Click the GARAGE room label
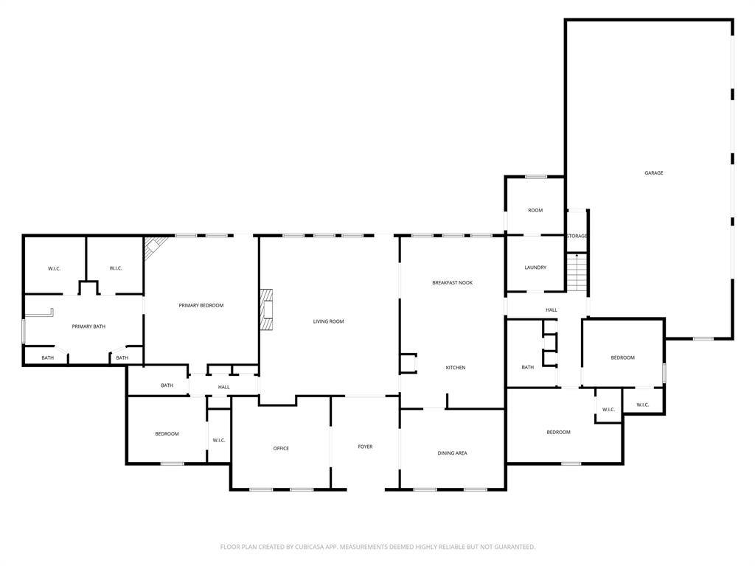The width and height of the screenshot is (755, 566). pyautogui.click(x=654, y=173)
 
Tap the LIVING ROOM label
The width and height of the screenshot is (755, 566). pyautogui.click(x=328, y=321)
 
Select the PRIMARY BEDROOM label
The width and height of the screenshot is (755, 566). pyautogui.click(x=201, y=305)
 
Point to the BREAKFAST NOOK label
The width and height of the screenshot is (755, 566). pyautogui.click(x=452, y=283)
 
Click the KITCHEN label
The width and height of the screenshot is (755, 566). pyautogui.click(x=456, y=368)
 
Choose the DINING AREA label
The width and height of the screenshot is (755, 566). pyautogui.click(x=452, y=453)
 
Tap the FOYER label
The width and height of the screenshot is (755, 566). pyautogui.click(x=365, y=447)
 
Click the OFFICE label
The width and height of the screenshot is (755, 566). pyautogui.click(x=281, y=448)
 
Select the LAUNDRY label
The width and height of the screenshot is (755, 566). pyautogui.click(x=535, y=268)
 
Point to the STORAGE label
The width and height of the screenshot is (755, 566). pyautogui.click(x=577, y=236)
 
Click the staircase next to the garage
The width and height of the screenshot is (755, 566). pyautogui.click(x=577, y=272)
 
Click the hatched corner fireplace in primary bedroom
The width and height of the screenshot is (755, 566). pyautogui.click(x=154, y=247)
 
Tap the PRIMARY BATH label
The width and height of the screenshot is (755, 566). pyautogui.click(x=88, y=326)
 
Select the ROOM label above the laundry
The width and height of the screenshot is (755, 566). pyautogui.click(x=535, y=211)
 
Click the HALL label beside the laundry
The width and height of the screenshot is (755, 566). pyautogui.click(x=552, y=310)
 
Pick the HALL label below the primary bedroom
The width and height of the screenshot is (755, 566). pyautogui.click(x=223, y=387)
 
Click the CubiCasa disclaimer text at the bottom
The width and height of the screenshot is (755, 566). pyautogui.click(x=377, y=547)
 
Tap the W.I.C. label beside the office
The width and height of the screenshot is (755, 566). pyautogui.click(x=219, y=441)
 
